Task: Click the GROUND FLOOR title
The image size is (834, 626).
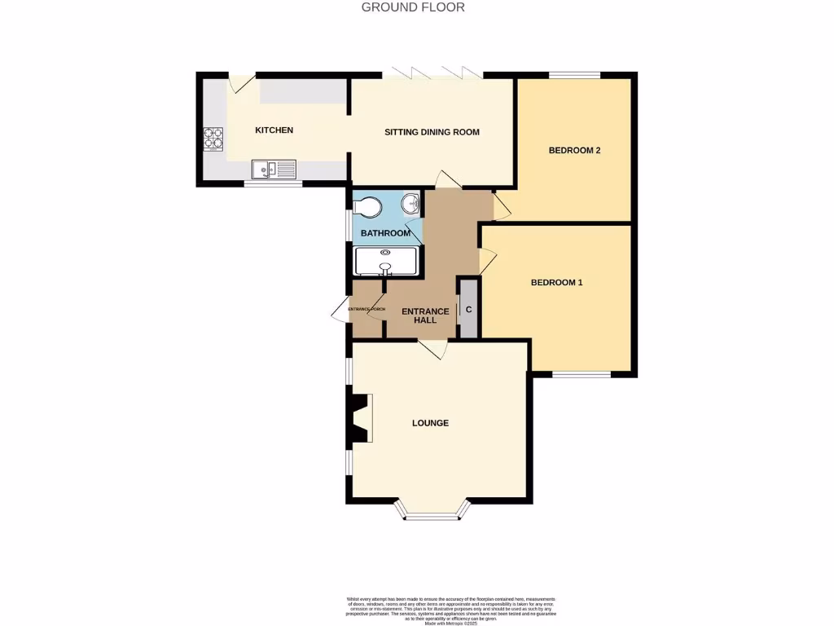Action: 413,7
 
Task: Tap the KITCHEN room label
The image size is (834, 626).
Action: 274,130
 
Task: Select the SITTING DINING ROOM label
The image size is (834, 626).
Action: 432,132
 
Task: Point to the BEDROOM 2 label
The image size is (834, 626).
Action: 574,150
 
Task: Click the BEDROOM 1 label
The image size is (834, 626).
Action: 556,283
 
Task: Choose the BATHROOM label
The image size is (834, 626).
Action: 385,234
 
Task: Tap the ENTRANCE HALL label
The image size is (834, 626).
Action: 425,315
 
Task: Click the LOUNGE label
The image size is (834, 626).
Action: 430,423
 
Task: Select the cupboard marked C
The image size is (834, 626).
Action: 468,310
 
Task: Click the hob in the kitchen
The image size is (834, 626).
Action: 213,139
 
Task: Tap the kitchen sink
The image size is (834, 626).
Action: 274,170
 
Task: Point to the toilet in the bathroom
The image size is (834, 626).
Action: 366,206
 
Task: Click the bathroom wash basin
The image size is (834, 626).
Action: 410,204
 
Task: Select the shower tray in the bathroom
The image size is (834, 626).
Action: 386,262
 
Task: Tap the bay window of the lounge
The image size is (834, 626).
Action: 432,514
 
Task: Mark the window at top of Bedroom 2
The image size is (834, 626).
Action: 574,76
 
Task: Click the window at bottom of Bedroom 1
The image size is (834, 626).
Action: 582,374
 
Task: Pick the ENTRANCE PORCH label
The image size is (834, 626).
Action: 367,310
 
